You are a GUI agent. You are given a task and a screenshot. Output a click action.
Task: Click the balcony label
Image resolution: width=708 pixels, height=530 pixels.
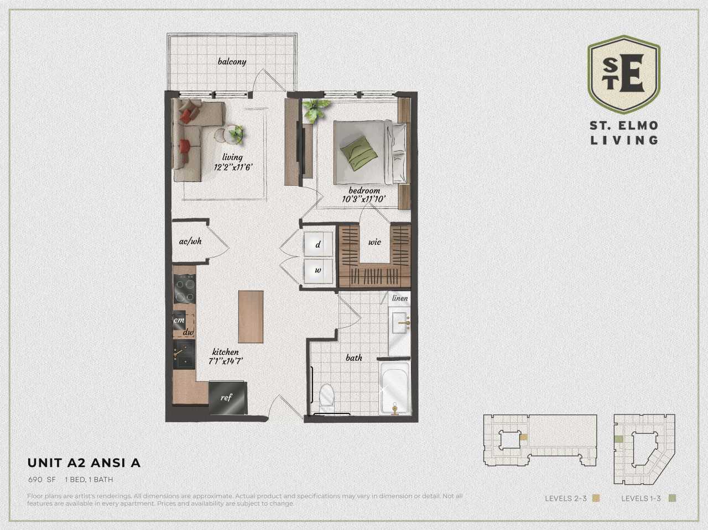pos(232,61)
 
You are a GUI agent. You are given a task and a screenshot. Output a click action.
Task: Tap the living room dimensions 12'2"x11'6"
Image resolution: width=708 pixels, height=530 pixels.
pos(233,167)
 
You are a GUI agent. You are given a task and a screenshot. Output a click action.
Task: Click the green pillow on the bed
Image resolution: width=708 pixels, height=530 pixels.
pos(356,151)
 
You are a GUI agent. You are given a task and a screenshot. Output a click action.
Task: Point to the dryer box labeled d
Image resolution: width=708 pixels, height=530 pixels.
pos(318,244)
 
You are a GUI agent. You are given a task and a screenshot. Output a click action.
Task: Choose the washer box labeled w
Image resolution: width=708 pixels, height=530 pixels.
pos(318,271)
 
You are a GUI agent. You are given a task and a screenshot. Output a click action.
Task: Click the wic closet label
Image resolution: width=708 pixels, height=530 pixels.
pos(374,242)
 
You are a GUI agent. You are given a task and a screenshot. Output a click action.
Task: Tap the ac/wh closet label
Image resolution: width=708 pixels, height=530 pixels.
pos(190,242)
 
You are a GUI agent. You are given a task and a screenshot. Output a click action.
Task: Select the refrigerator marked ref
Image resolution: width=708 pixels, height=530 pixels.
pos(227,397)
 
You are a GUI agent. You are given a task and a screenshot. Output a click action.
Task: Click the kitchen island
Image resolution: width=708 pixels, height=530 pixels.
pos(251,317)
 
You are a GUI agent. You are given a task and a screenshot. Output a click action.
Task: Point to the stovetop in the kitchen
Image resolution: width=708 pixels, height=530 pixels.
pos(184,290)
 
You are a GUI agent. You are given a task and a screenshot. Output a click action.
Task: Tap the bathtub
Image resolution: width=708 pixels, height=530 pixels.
pos(394,388)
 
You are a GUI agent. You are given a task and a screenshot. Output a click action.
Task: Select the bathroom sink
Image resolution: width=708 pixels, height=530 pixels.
pos(399,323)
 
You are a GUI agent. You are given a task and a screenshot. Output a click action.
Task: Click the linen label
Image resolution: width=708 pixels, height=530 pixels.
pos(399,298)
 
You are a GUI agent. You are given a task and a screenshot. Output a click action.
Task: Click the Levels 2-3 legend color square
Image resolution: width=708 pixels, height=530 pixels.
pos(596,498)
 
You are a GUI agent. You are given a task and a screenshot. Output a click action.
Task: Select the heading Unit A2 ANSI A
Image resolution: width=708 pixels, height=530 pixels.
pos(84,463)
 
